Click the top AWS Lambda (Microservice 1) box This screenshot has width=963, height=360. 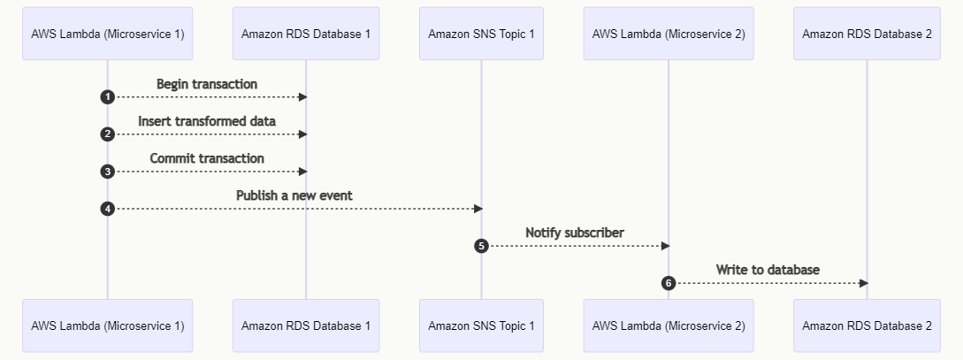(x=107, y=34)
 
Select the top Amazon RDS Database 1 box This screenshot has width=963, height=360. (x=306, y=34)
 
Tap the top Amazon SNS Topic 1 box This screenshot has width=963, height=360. (x=481, y=34)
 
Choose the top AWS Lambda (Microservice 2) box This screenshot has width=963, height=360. (x=669, y=34)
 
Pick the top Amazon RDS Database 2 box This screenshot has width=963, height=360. (x=867, y=34)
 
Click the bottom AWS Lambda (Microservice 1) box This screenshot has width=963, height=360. (x=107, y=326)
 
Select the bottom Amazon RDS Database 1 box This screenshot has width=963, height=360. (x=306, y=326)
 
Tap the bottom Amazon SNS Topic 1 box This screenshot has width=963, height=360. (x=481, y=326)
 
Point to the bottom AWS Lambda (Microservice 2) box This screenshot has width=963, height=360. (x=669, y=326)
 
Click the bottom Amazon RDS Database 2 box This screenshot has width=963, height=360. (x=867, y=326)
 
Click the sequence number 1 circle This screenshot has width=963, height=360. (x=108, y=97)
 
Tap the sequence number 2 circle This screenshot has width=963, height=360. (x=108, y=134)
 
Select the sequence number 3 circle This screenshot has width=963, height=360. (x=108, y=172)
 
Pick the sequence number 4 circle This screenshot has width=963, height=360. (x=108, y=209)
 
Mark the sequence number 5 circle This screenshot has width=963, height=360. (x=482, y=246)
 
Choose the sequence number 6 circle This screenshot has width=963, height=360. (x=669, y=283)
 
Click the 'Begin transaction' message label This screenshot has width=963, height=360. (x=207, y=84)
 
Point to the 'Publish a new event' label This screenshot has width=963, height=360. (x=294, y=195)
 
